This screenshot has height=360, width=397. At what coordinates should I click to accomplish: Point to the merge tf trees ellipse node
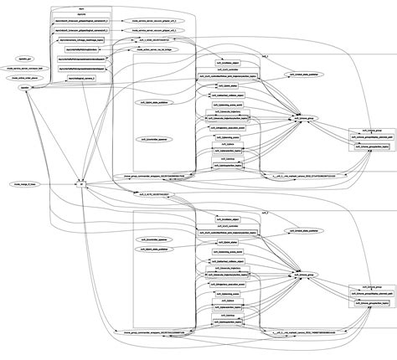(x=25, y=183)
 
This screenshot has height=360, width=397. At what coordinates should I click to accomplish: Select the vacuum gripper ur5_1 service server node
(x=152, y=18)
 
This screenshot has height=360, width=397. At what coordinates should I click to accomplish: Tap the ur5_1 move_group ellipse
(x=304, y=121)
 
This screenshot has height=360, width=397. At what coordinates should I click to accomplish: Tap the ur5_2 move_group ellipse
(x=304, y=274)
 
